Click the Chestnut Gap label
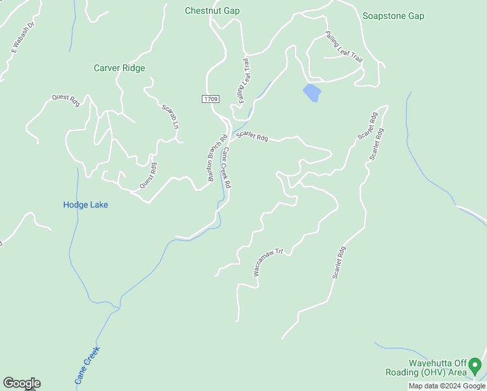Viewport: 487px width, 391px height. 212,10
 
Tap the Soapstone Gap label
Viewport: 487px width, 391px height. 393,16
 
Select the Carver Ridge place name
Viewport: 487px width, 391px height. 119,68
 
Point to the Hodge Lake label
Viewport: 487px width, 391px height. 85,205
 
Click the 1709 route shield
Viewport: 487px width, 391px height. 210,98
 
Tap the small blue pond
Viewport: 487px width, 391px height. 312,92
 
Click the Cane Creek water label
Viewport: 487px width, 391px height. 87,364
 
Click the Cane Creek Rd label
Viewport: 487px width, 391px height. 227,168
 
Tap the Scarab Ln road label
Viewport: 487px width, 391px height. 170,115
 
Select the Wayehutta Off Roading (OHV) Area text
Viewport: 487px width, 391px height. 438,368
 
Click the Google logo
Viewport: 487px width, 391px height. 21,383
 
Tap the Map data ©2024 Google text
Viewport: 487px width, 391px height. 447,386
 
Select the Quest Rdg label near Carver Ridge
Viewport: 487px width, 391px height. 65,101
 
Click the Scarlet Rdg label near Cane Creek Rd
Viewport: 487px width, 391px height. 253,136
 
